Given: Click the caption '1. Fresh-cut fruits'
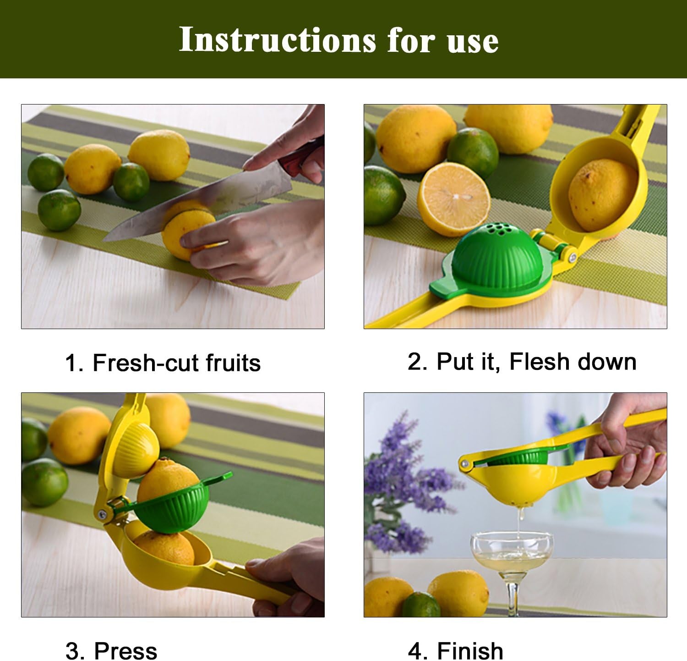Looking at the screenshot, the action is (163, 363).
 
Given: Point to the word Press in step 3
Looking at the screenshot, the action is (125, 650).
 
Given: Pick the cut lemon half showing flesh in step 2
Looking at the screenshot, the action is (453, 199).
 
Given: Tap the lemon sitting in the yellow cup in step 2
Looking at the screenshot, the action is (602, 195).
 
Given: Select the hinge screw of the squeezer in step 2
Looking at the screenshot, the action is (572, 259).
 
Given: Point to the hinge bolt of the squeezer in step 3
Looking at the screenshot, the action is (103, 515).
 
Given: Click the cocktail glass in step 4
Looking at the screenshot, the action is (512, 571).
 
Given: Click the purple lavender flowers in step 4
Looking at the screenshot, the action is (403, 486).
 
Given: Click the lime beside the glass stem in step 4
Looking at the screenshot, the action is (421, 604).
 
